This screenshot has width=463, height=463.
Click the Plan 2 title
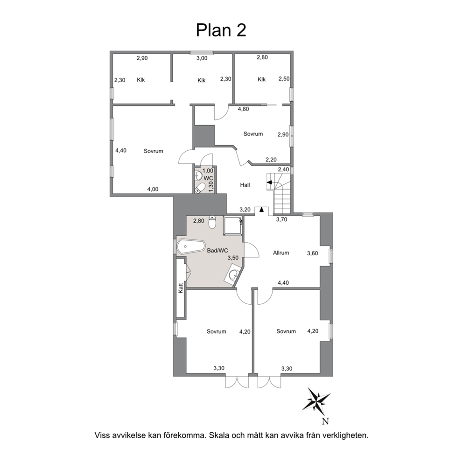pos(221,30)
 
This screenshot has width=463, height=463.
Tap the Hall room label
pos(245,185)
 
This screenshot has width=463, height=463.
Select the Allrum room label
pos(281,253)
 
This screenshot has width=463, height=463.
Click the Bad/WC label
pos(217,251)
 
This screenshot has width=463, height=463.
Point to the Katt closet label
pos(181,288)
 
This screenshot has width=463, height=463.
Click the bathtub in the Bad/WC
pos(191,247)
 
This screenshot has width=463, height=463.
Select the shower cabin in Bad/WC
pos(233,226)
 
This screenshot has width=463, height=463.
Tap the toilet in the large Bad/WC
pos(212,222)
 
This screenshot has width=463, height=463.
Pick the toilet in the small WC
pos(201,188)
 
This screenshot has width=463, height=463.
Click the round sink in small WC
pos(198,176)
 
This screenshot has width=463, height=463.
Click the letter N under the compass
pos(325,421)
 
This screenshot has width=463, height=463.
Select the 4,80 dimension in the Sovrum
pos(244,109)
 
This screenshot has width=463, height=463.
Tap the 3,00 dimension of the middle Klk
pos(202,58)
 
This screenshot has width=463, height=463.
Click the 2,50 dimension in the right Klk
pos(284,79)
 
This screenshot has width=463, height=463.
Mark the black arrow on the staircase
pos(269,182)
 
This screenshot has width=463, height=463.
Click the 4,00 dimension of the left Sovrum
pos(153,189)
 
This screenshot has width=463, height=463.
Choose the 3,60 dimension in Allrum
pos(313,253)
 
